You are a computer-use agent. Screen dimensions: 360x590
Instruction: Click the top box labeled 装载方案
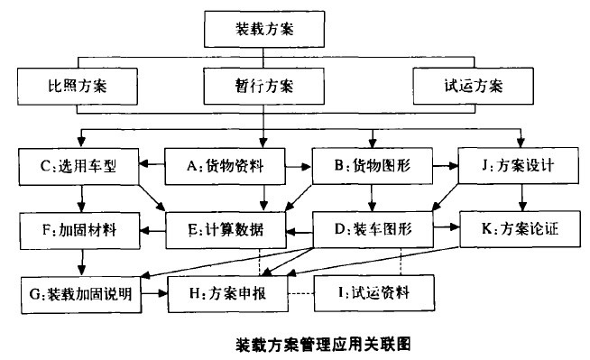263,29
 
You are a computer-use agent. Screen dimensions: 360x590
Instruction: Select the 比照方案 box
77,88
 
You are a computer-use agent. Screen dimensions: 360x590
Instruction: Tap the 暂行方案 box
263,88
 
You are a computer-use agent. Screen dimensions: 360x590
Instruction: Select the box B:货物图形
372,166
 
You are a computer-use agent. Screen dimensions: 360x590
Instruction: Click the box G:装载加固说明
82,293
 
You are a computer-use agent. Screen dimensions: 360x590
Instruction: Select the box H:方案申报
225,293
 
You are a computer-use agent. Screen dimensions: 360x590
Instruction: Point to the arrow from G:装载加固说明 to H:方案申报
155,293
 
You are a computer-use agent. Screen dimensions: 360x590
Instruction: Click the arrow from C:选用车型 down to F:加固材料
81,198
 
